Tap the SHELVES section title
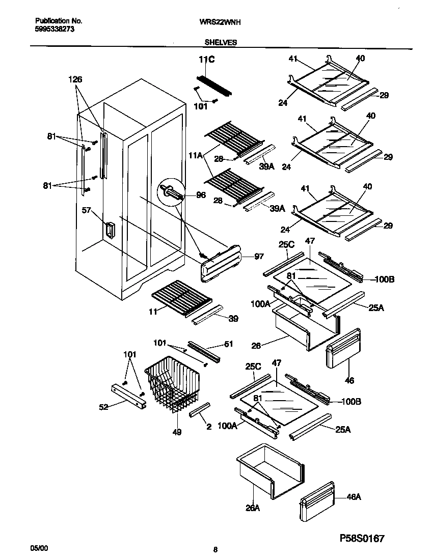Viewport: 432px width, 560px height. pos(221,43)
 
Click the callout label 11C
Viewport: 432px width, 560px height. pos(206,60)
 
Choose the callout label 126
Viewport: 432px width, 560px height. pos(75,79)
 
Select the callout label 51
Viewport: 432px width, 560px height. pos(229,344)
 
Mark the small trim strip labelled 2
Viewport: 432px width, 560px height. pos(200,409)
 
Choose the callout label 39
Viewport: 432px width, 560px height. pos(233,319)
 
